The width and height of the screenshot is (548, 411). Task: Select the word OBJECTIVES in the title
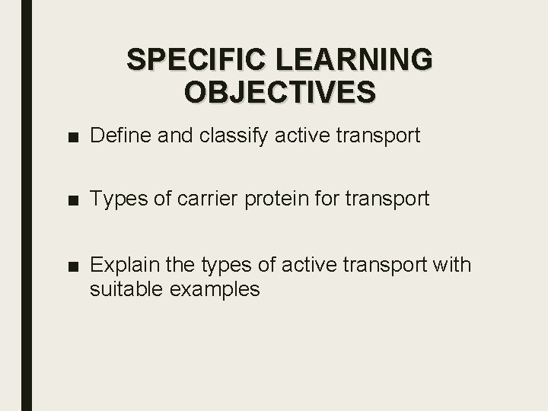coord(279,91)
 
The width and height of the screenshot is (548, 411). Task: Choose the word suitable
coord(126,289)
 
